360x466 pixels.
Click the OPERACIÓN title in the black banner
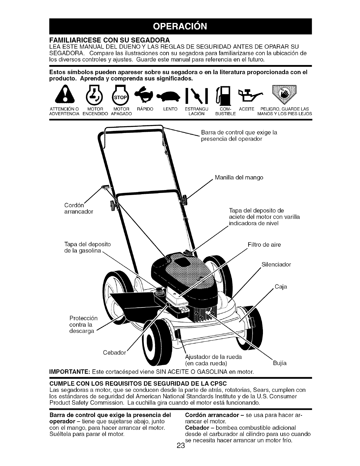180,26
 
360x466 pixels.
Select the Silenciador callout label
276,264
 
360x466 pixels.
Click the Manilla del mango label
239,178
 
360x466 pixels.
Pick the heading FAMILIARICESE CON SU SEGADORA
109,39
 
